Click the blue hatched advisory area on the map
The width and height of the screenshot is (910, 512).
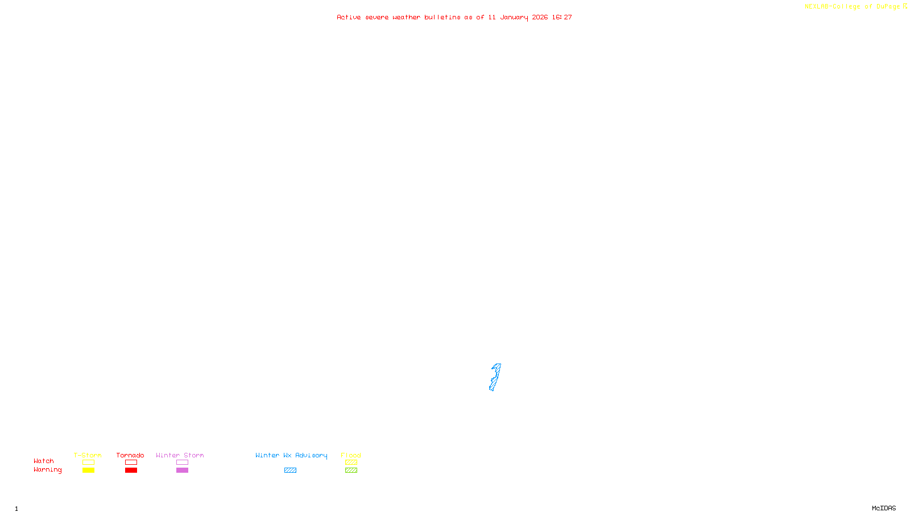(x=495, y=377)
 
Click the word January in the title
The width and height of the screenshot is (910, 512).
(x=514, y=17)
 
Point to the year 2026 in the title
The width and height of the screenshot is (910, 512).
(x=540, y=17)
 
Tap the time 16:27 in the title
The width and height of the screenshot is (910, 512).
(x=562, y=17)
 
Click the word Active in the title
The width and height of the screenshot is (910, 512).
(x=349, y=17)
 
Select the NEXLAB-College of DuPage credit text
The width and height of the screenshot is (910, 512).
(x=852, y=6)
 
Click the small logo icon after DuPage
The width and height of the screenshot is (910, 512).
(x=905, y=6)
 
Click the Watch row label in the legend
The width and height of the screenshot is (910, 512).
(x=44, y=461)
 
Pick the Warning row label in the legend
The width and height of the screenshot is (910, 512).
(x=47, y=470)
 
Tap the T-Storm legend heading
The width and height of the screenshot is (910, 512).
(x=88, y=455)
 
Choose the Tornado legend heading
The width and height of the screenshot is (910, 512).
(x=130, y=455)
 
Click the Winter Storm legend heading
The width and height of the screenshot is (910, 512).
(x=180, y=455)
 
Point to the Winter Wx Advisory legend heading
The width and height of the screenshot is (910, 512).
(x=291, y=455)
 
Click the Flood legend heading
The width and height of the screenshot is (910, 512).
(x=351, y=455)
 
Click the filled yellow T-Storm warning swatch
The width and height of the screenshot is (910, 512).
(x=88, y=470)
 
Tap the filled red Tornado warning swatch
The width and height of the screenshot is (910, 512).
(x=131, y=470)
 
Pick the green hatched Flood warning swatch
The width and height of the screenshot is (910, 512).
(x=351, y=470)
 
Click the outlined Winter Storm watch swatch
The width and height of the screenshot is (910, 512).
(x=182, y=463)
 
